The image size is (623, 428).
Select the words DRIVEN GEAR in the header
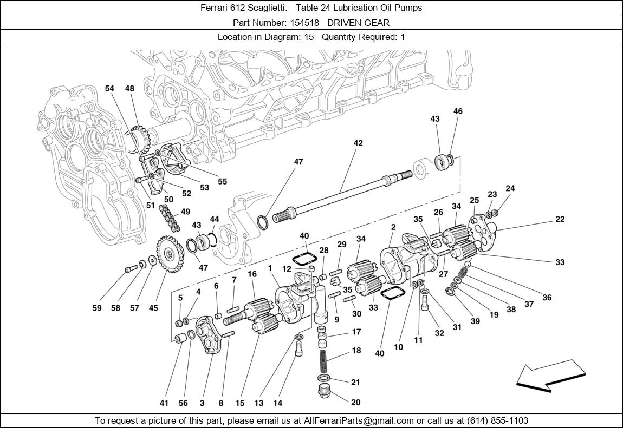tap(365, 23)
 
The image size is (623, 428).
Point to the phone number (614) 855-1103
tap(497, 420)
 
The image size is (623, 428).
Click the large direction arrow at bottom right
tap(550, 376)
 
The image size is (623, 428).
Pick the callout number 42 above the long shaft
tap(358, 143)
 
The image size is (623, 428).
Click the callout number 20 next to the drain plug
tap(355, 403)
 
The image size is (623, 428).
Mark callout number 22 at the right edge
tap(560, 219)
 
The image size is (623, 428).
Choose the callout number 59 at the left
tap(96, 308)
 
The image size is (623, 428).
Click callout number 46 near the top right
tap(458, 111)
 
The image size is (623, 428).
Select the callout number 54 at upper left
tap(110, 89)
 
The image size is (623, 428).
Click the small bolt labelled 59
tap(129, 268)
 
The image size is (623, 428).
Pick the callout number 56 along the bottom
tap(183, 403)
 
